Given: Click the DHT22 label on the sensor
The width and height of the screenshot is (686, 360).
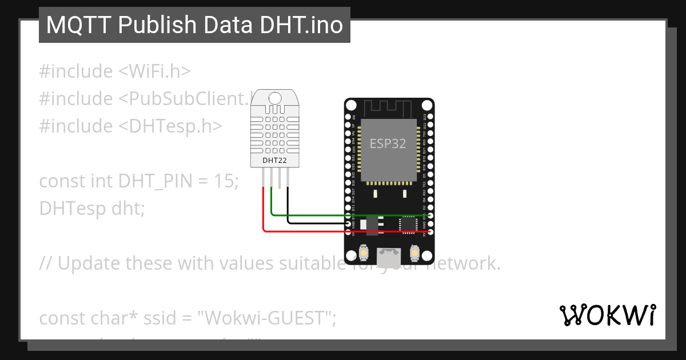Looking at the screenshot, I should tap(274, 161).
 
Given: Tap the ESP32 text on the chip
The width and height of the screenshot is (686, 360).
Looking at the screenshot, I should tap(388, 143).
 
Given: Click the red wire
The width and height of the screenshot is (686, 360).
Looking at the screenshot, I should tap(309, 231).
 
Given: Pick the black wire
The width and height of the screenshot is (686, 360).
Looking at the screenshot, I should tap(314, 223).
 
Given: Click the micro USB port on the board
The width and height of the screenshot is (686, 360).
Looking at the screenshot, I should tap(389, 257).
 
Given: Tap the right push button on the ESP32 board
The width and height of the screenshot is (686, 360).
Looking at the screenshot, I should tap(414, 252).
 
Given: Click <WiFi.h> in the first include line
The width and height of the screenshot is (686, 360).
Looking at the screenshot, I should tap(154, 71).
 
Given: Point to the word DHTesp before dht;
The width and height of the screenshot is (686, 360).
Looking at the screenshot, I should tap(69, 209).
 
